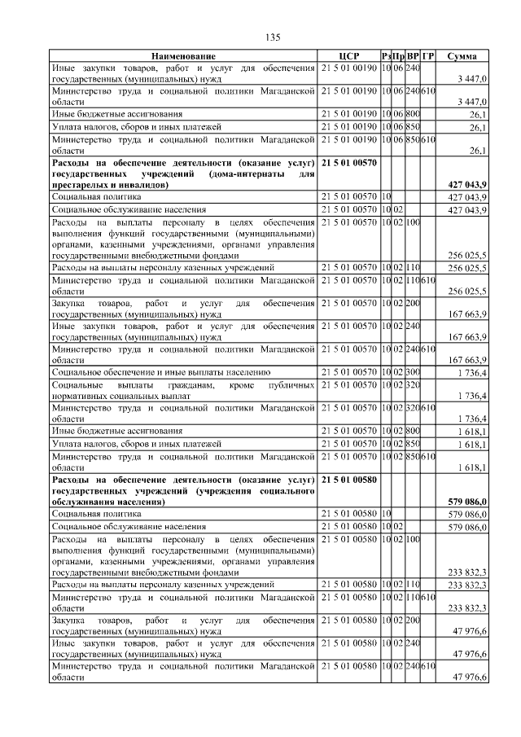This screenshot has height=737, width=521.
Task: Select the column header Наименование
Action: point(184,55)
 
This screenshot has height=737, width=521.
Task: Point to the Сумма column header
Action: point(462,55)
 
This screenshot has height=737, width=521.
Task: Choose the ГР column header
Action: point(428,55)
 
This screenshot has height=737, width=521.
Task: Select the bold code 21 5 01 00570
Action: point(350,163)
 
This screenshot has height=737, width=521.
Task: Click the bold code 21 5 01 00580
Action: point(350,480)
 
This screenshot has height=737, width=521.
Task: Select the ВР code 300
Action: point(413,372)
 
